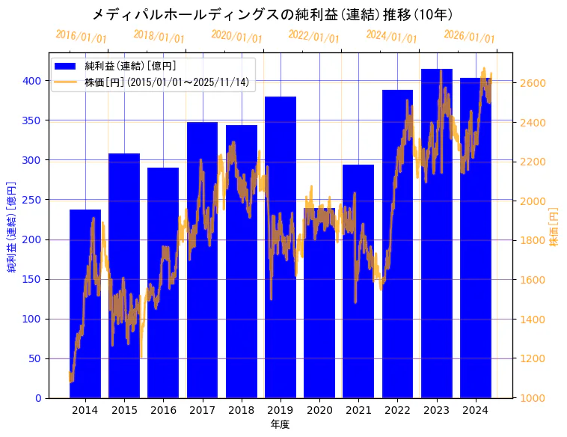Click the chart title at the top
click(x=272, y=14)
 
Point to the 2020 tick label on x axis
click(x=319, y=411)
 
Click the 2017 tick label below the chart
click(x=202, y=411)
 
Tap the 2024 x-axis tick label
click(x=476, y=411)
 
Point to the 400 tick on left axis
click(x=33, y=81)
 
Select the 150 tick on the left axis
click(x=33, y=279)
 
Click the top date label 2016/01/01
click(x=81, y=37)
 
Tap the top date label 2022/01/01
click(x=313, y=37)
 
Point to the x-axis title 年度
click(x=280, y=424)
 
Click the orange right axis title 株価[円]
click(x=554, y=227)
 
